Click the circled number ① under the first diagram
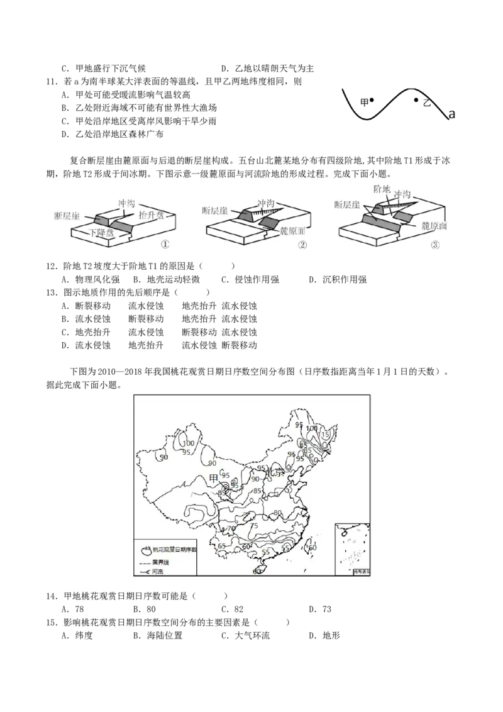click(165, 245)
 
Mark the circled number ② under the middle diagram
click(302, 245)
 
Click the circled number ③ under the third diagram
click(435, 245)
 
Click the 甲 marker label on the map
click(214, 479)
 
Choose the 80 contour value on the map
click(277, 513)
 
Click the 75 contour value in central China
click(254, 526)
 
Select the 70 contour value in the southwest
click(231, 528)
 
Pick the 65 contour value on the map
click(221, 545)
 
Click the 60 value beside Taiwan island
click(312, 547)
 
